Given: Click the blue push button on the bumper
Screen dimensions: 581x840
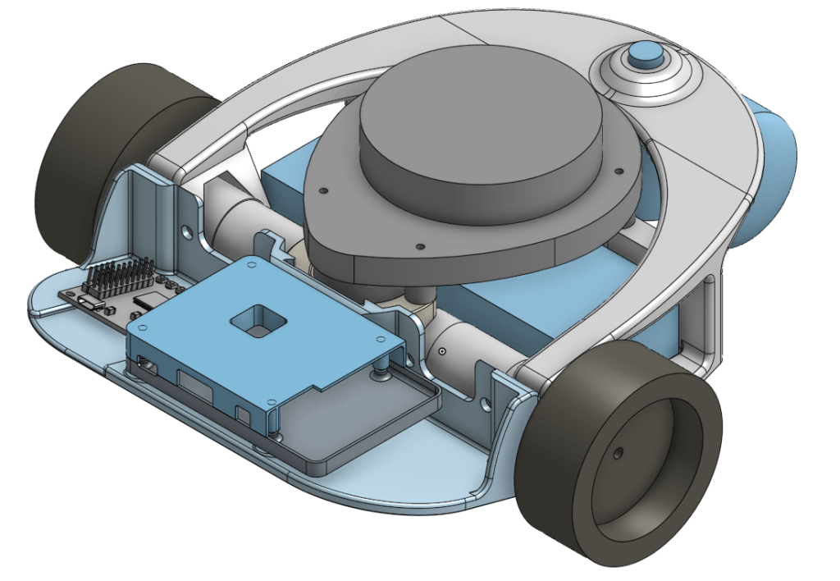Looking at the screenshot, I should [645, 56].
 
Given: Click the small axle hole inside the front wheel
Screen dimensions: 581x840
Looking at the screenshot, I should [617, 452].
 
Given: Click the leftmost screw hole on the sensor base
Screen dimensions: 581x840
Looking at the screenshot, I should [324, 190].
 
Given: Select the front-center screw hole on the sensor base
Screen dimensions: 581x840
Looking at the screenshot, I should [419, 245].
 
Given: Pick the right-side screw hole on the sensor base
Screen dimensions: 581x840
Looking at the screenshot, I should [618, 172].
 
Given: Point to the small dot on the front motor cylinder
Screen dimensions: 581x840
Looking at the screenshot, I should [441, 351].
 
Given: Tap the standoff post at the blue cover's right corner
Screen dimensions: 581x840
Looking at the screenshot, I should [381, 373].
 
